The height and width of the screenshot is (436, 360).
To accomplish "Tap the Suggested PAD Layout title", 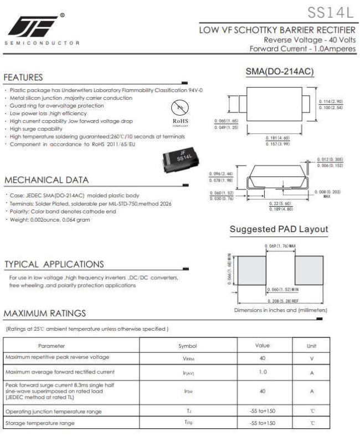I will click(x=279, y=229).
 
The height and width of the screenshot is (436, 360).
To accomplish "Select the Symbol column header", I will click(x=187, y=346).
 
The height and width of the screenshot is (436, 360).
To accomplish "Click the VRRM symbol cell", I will click(x=187, y=358).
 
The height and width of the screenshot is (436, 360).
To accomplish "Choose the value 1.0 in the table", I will click(x=263, y=371).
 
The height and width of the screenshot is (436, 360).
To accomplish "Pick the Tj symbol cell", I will click(x=187, y=411).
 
